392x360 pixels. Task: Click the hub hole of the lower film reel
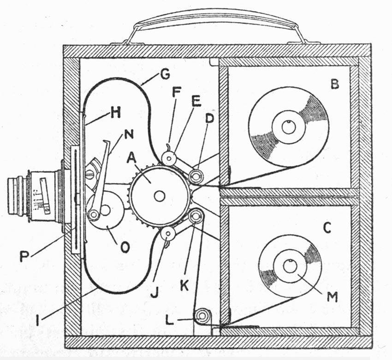pyautogui.click(x=290, y=266)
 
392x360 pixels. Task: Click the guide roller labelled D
pyautogui.click(x=197, y=176)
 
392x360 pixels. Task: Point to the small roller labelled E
pyautogui.click(x=170, y=159)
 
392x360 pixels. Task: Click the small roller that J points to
pyautogui.click(x=168, y=234)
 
